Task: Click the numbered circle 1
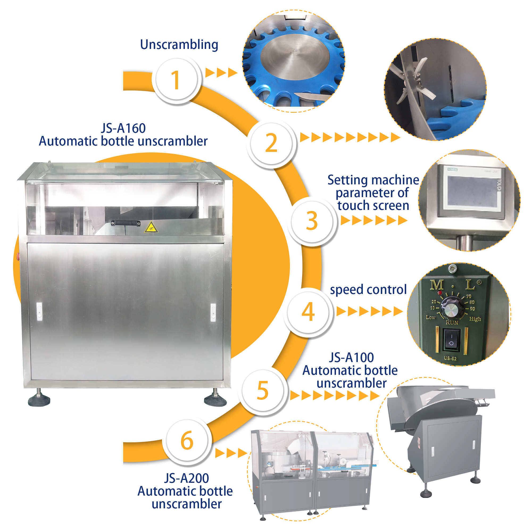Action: pyautogui.click(x=176, y=80)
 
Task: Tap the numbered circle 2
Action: pyautogui.click(x=271, y=143)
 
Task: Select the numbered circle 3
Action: pyautogui.click(x=312, y=221)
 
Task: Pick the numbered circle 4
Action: pyautogui.click(x=308, y=312)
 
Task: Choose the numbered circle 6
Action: pyautogui.click(x=187, y=440)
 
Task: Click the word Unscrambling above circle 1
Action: pyautogui.click(x=179, y=45)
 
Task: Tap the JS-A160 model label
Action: pyautogui.click(x=123, y=128)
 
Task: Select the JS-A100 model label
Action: pyautogui.click(x=351, y=358)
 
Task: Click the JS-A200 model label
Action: pyautogui.click(x=186, y=478)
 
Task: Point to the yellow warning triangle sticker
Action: pyautogui.click(x=151, y=227)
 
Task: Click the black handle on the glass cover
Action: pyautogui.click(x=126, y=223)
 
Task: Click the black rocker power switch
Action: pyautogui.click(x=451, y=339)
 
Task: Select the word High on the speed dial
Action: pyautogui.click(x=475, y=319)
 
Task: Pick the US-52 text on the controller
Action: pyautogui.click(x=450, y=359)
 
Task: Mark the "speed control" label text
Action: pyautogui.click(x=368, y=290)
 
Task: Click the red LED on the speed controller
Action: pyautogui.click(x=440, y=292)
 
